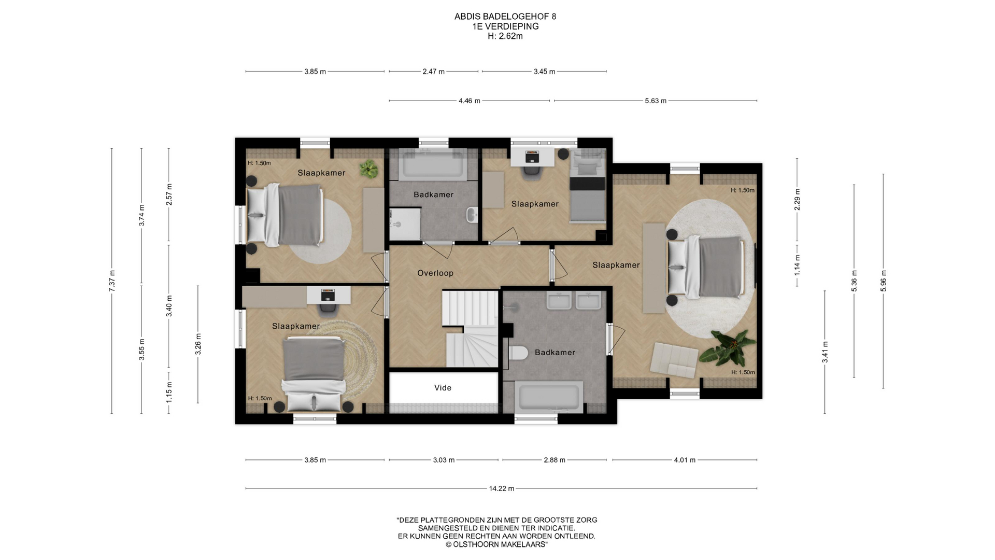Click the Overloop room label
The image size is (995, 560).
click(x=435, y=273)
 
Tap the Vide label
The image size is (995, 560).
click(x=443, y=388)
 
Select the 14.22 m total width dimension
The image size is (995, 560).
click(x=501, y=488)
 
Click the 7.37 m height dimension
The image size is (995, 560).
click(x=112, y=281)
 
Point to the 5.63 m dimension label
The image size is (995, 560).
click(x=656, y=101)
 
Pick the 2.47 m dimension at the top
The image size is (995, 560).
click(x=434, y=72)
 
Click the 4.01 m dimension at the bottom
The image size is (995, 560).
click(x=685, y=460)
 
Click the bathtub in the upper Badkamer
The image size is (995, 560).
click(x=433, y=165)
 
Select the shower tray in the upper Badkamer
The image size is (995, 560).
click(x=405, y=224)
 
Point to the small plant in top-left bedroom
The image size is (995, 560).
click(x=368, y=169)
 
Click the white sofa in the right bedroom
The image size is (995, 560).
click(x=674, y=360)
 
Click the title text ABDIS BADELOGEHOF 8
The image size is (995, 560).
click(x=505, y=17)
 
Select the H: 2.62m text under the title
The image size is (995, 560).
click(x=505, y=36)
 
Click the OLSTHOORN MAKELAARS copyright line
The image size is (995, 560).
click(x=496, y=544)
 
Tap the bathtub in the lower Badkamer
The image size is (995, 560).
click(x=549, y=397)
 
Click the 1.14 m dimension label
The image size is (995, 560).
click(x=798, y=265)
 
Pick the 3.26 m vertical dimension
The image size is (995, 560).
click(x=198, y=344)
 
